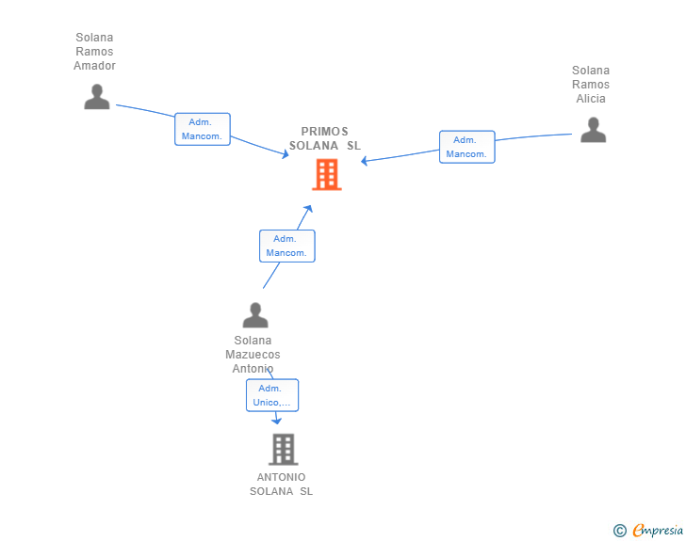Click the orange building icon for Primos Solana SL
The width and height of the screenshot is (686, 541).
point(326,174)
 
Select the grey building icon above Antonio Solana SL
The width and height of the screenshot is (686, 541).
point(283,449)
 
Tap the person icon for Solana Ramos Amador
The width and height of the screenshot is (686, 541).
point(97,97)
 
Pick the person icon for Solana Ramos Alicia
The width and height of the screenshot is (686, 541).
point(594,130)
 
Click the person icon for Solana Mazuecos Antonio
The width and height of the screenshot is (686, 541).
point(255,315)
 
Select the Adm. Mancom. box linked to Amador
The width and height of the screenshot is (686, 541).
point(203,129)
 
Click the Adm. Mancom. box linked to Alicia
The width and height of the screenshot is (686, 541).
point(467,147)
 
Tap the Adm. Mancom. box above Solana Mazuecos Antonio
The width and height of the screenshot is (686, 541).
point(287,246)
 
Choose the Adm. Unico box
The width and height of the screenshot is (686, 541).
point(272,395)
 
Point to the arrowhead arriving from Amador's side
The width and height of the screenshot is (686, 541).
point(286,153)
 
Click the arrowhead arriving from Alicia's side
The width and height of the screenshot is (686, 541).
point(364,161)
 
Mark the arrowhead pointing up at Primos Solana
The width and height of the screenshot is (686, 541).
point(308,209)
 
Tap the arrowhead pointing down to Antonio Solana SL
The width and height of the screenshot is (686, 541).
point(276,421)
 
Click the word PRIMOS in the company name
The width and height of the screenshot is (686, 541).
point(324,132)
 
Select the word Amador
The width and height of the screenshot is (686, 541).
point(94,66)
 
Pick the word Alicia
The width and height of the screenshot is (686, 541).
point(591,99)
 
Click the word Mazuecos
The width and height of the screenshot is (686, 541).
point(253,355)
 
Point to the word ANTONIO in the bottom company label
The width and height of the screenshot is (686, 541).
point(282,477)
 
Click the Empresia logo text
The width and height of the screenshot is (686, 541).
point(658,530)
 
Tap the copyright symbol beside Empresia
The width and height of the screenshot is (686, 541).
point(620,531)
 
